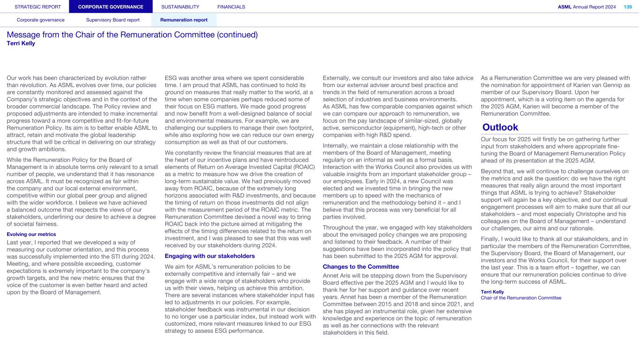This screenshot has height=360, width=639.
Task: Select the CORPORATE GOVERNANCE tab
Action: tap(111, 7)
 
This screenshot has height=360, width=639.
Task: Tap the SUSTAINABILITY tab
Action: tap(180, 7)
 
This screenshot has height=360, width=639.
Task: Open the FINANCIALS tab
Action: tap(231, 7)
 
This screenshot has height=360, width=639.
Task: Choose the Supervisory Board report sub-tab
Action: tap(113, 20)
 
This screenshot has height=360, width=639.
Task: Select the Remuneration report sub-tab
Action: tap(184, 20)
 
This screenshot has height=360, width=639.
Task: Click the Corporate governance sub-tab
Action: tap(41, 20)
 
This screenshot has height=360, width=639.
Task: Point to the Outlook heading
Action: tap(500, 127)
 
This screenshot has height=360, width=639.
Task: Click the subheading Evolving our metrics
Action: tap(31, 234)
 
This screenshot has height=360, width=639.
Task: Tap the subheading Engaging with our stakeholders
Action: tap(210, 256)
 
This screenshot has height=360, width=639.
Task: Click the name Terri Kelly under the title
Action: tap(21, 44)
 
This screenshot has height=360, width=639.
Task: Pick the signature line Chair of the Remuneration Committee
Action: tap(521, 298)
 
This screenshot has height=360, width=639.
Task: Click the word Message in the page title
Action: tap(23, 35)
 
